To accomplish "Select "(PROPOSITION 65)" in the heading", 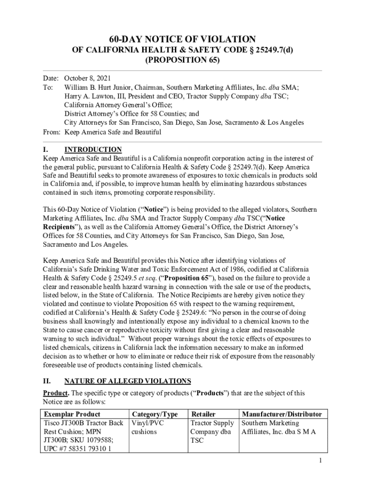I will [x=182, y=60].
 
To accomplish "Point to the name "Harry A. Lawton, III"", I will [x=96, y=96].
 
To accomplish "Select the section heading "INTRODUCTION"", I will [x=93, y=150].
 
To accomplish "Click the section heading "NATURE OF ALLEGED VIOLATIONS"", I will [x=128, y=381].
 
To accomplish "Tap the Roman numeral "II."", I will [x=47, y=381].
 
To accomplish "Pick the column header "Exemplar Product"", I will [x=72, y=414].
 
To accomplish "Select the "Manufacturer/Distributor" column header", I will [x=282, y=414].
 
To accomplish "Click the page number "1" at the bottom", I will [x=321, y=460].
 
